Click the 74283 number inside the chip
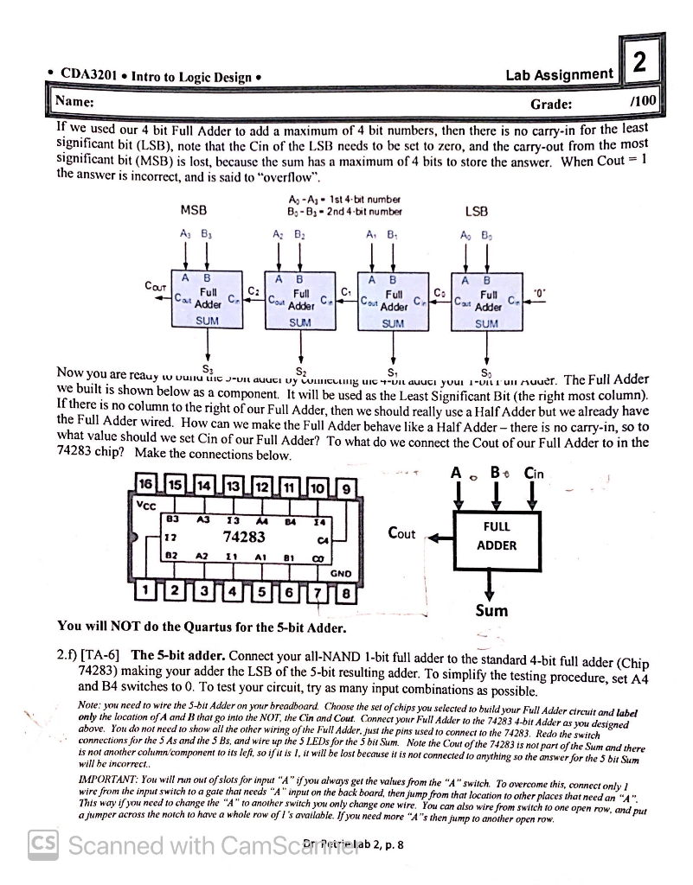244,538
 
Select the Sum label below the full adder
492,610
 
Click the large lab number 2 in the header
638,63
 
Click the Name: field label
74,102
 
